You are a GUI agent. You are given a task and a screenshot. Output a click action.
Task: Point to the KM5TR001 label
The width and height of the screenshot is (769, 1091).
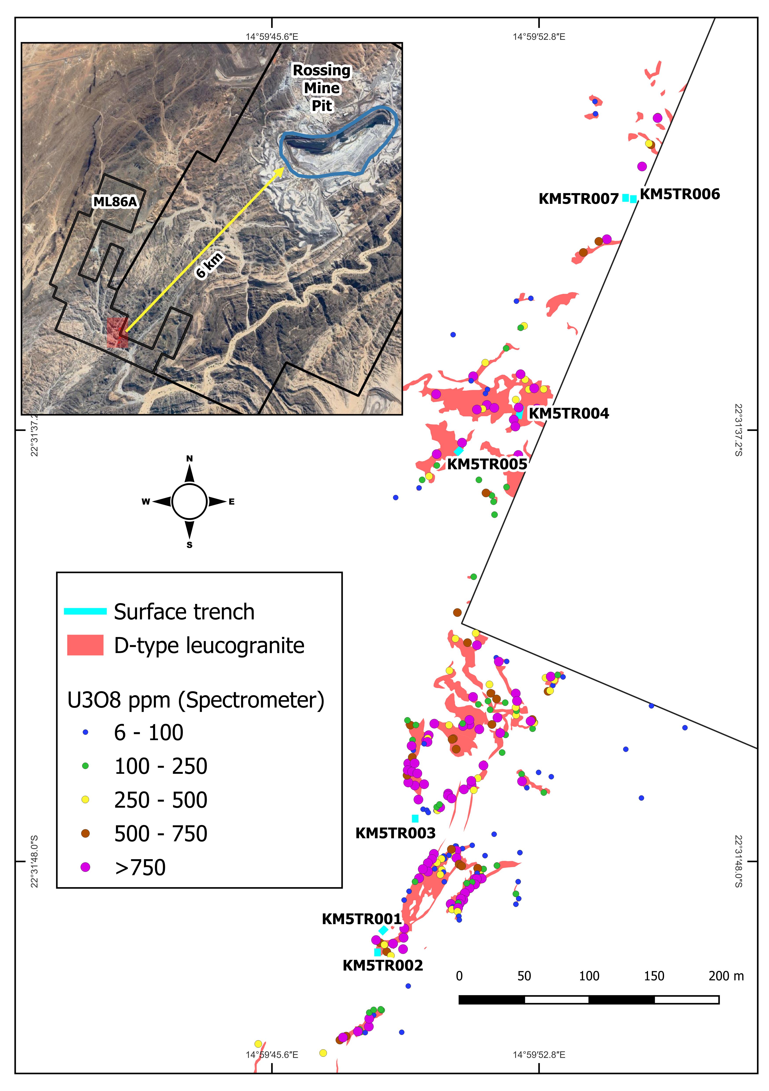click(362, 919)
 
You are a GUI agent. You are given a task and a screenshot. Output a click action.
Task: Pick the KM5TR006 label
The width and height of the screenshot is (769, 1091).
click(680, 194)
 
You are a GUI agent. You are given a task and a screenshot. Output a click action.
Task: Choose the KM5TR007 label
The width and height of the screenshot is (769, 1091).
click(579, 199)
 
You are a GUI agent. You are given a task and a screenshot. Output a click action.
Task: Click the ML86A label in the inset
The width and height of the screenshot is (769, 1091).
click(115, 202)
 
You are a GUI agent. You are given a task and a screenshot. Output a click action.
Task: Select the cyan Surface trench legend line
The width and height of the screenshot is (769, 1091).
click(86, 611)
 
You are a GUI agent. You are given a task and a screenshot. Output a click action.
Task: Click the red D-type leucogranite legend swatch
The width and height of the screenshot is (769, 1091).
click(86, 645)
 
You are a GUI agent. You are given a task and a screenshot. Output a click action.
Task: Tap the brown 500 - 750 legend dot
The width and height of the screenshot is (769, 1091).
click(86, 833)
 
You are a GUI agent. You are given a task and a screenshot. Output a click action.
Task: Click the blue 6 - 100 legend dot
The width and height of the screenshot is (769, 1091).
click(86, 732)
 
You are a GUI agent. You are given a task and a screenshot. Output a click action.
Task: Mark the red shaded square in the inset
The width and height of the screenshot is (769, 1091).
click(117, 333)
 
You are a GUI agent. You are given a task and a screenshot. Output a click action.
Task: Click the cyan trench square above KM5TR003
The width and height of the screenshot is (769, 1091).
click(415, 818)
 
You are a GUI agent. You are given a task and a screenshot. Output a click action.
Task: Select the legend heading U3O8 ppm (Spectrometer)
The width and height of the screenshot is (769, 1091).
click(196, 700)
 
